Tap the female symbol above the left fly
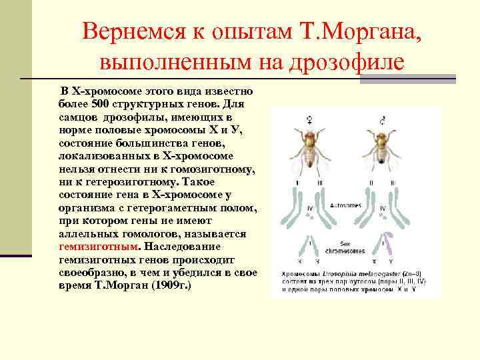tap(309, 120)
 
